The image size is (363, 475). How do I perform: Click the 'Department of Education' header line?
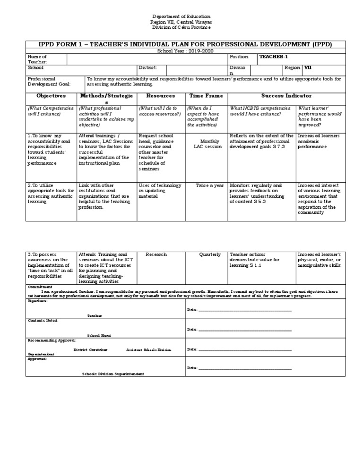click(x=181, y=17)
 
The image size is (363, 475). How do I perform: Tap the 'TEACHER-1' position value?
click(x=273, y=57)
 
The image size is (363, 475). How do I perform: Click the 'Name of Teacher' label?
click(x=37, y=59)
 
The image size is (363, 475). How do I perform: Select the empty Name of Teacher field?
click(x=147, y=59)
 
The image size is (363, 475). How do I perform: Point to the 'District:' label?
click(x=147, y=68)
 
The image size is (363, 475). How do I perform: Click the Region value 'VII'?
click(x=308, y=68)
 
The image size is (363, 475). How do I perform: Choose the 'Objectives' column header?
click(x=51, y=95)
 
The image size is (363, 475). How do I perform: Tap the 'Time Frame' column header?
click(x=206, y=95)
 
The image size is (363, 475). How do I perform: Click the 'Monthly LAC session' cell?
click(x=207, y=144)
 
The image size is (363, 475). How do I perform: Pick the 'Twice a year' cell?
click(x=210, y=186)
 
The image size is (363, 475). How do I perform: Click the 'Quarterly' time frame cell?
click(x=210, y=254)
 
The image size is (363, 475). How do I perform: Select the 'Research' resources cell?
click(x=156, y=254)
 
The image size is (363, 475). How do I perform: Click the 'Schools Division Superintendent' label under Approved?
click(x=113, y=373)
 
